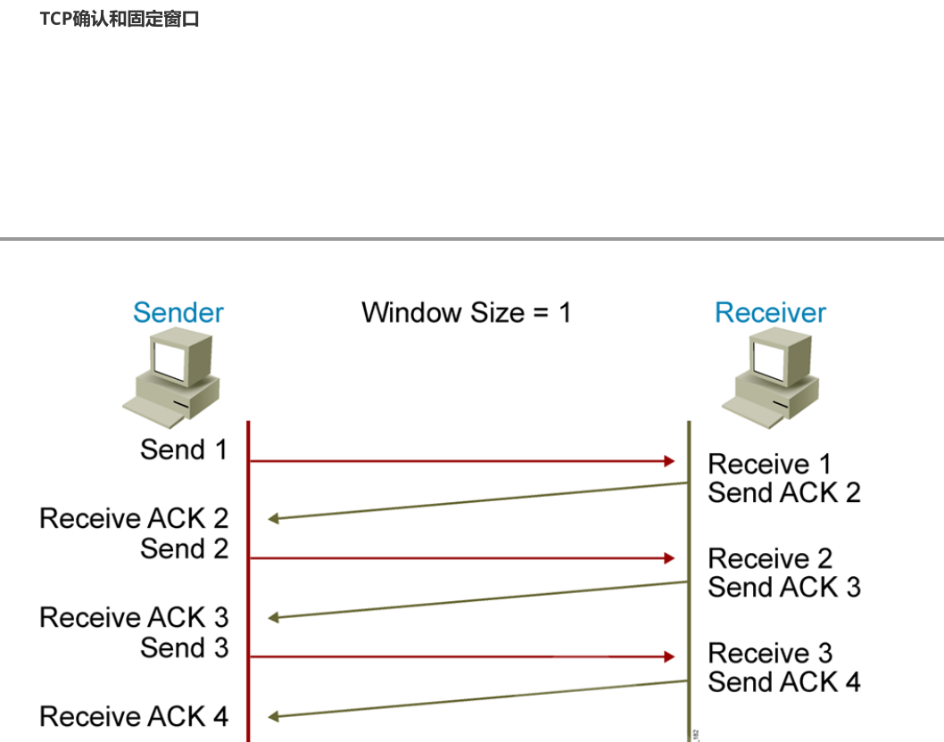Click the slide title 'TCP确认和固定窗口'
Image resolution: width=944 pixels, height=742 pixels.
pyautogui.click(x=120, y=19)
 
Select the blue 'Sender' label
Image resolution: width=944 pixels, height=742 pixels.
pyautogui.click(x=178, y=313)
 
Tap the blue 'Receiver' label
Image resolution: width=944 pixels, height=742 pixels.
pyautogui.click(x=770, y=313)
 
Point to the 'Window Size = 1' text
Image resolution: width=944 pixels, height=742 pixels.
pyautogui.click(x=466, y=313)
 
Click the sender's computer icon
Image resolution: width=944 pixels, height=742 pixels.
pyautogui.click(x=172, y=380)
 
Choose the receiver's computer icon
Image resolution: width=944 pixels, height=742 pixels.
pyautogui.click(x=771, y=380)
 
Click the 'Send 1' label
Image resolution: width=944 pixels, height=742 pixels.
pyautogui.click(x=184, y=449)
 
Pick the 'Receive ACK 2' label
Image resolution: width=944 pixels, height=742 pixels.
pyautogui.click(x=134, y=518)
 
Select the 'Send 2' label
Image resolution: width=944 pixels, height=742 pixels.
pyautogui.click(x=184, y=548)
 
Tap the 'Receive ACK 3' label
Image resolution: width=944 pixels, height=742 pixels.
pyautogui.click(x=134, y=617)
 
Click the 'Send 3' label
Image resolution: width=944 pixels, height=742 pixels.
pyautogui.click(x=184, y=647)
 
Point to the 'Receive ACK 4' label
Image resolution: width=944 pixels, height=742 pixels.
pyautogui.click(x=134, y=716)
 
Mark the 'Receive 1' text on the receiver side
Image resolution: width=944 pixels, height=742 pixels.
pyautogui.click(x=769, y=464)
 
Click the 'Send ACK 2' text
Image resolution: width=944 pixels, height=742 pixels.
pyautogui.click(x=784, y=492)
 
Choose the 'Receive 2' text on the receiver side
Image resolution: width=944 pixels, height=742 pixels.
pyautogui.click(x=770, y=558)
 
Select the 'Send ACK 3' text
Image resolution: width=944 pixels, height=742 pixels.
pyautogui.click(x=784, y=587)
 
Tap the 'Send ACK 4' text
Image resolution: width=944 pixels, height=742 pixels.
pyautogui.click(x=784, y=682)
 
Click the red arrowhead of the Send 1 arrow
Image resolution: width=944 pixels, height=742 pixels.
pyautogui.click(x=669, y=461)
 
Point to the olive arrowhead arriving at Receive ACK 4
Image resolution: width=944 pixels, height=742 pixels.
pyautogui.click(x=273, y=716)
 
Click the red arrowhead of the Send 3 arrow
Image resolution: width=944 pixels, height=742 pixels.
pyautogui.click(x=669, y=656)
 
